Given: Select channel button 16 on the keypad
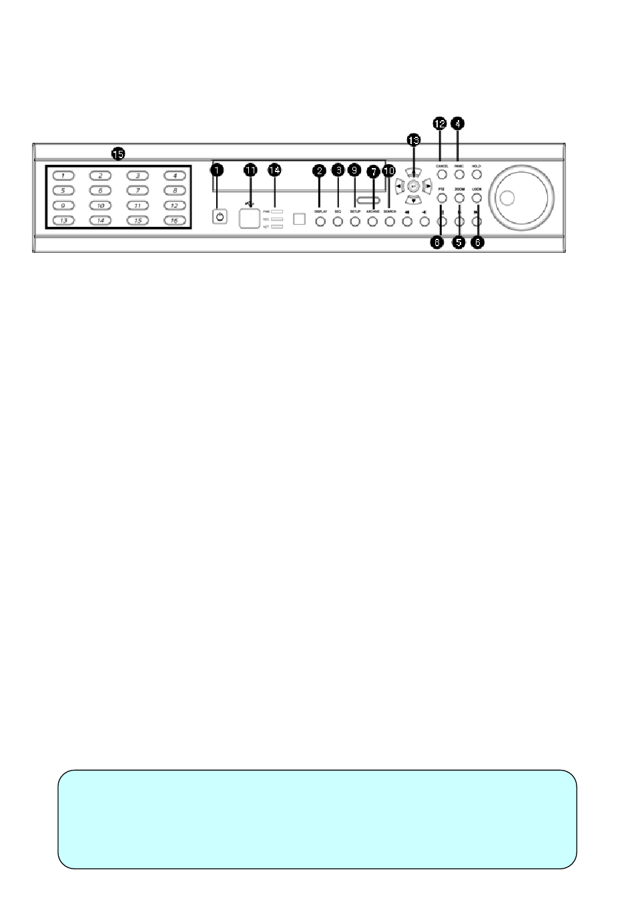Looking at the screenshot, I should pyautogui.click(x=174, y=220).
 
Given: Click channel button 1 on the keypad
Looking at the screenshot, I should pyautogui.click(x=63, y=176).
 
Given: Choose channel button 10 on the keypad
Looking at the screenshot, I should pyautogui.click(x=100, y=205).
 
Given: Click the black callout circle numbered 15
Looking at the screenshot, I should pyautogui.click(x=118, y=154).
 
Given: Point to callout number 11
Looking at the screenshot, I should pyautogui.click(x=250, y=170).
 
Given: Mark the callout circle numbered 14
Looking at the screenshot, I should pyautogui.click(x=274, y=170).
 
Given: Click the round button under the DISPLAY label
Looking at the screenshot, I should pyautogui.click(x=320, y=221).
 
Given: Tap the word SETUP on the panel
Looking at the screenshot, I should pyautogui.click(x=355, y=211).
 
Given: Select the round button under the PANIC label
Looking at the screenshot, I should pyautogui.click(x=459, y=175).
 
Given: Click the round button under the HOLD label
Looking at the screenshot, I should pyautogui.click(x=477, y=175).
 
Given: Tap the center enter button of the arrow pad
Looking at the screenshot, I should pyautogui.click(x=413, y=187).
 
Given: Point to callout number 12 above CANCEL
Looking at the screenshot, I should pyautogui.click(x=440, y=124).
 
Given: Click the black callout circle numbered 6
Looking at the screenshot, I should pyautogui.click(x=477, y=243).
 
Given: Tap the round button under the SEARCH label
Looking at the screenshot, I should pyautogui.click(x=390, y=221).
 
